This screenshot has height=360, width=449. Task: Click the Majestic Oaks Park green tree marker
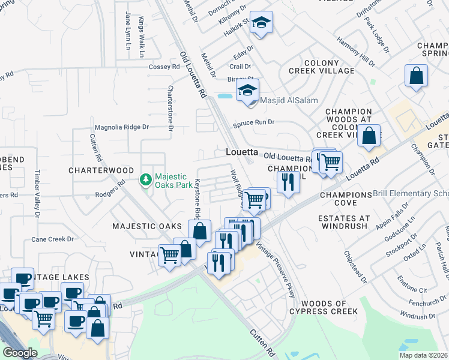point(145,179)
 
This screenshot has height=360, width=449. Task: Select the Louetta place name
point(242,152)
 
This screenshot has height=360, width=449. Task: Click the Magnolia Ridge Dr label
point(122,127)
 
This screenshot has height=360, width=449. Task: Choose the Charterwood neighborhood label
point(101,170)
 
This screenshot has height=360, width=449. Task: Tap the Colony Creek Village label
point(321,67)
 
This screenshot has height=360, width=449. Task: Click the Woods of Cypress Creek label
point(324,307)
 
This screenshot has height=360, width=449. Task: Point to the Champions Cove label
point(346,195)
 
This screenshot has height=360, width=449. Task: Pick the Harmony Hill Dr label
point(356,53)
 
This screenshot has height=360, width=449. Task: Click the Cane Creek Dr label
point(52,239)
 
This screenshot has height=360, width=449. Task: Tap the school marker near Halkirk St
point(261,23)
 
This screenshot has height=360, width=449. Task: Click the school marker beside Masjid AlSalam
point(246,91)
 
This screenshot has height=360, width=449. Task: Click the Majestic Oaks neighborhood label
point(147,226)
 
